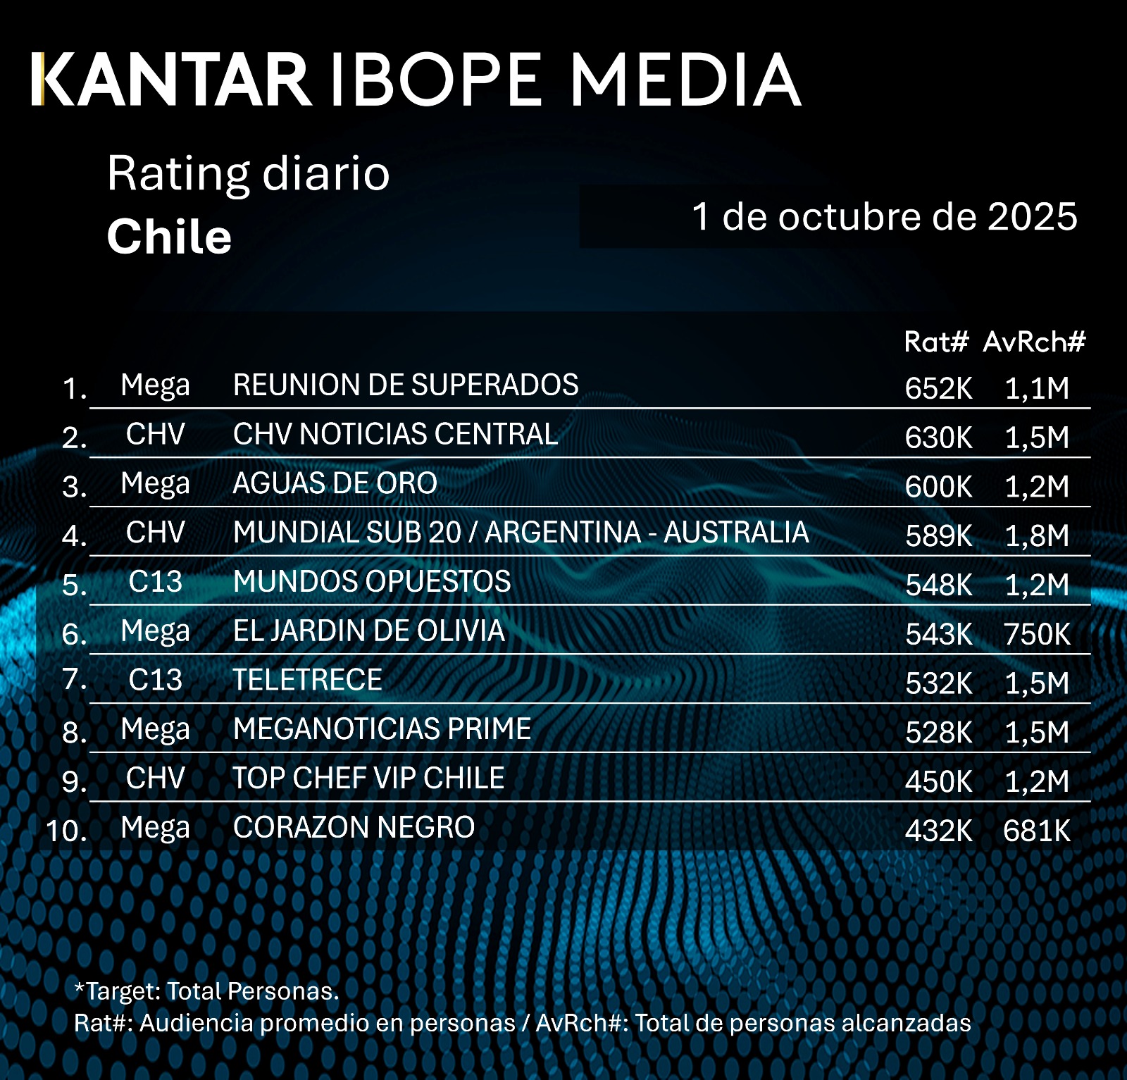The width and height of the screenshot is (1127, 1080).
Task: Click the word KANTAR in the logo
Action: tap(172, 80)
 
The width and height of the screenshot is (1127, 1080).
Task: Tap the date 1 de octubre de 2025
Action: tap(884, 216)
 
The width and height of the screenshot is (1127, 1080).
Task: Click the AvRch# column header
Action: tap(1034, 342)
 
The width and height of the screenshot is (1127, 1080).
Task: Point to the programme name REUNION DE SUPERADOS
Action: tap(406, 385)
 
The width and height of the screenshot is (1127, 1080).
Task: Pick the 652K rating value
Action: tap(938, 388)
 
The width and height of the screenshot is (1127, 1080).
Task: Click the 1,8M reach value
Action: tap(1037, 536)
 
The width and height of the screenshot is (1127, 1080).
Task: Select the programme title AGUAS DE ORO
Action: tap(335, 483)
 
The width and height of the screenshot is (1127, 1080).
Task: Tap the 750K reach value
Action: tap(1037, 634)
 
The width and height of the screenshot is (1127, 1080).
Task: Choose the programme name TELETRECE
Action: tap(308, 680)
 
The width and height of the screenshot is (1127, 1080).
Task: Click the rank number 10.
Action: tap(66, 831)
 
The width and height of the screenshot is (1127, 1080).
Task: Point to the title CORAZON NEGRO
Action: tap(354, 828)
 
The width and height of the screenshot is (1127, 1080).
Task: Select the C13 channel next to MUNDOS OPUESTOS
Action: tap(155, 582)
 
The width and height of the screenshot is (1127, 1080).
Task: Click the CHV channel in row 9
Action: tap(155, 778)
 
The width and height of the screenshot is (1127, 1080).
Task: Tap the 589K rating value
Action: tap(938, 536)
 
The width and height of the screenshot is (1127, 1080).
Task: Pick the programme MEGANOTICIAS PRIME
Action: tap(382, 729)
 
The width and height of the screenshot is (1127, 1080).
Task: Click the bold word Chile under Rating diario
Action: tap(169, 237)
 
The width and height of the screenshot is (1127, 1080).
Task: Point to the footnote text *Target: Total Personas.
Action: tap(206, 991)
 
